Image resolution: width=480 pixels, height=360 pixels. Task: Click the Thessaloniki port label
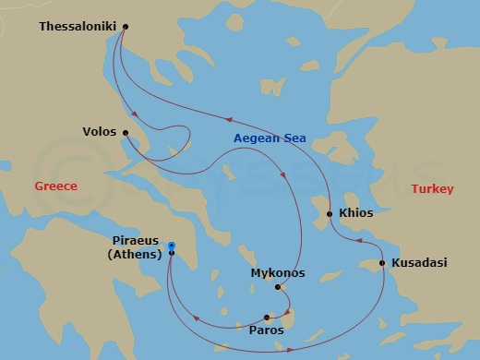point(78,27)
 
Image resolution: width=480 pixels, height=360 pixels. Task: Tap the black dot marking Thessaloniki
point(126,27)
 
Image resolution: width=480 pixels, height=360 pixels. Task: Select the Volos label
point(101,131)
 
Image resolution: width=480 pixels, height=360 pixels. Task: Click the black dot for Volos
point(126,131)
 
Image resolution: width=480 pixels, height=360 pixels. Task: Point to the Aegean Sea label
point(270,138)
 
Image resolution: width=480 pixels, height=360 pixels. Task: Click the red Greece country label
point(55,186)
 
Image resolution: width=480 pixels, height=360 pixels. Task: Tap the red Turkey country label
point(432,189)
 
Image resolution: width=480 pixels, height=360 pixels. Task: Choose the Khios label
point(356,213)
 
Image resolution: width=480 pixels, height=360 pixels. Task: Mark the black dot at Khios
point(330,214)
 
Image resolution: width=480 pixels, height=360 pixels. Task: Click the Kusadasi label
point(419,263)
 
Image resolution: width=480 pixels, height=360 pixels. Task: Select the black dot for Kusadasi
point(383,263)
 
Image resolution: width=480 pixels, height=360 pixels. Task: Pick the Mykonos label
point(278,273)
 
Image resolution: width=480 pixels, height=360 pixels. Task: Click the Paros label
point(267,328)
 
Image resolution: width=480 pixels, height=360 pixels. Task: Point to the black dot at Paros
point(267,317)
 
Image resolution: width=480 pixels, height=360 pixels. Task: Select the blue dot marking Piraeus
point(172,246)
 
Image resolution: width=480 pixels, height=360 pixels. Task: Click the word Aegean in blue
point(257,138)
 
